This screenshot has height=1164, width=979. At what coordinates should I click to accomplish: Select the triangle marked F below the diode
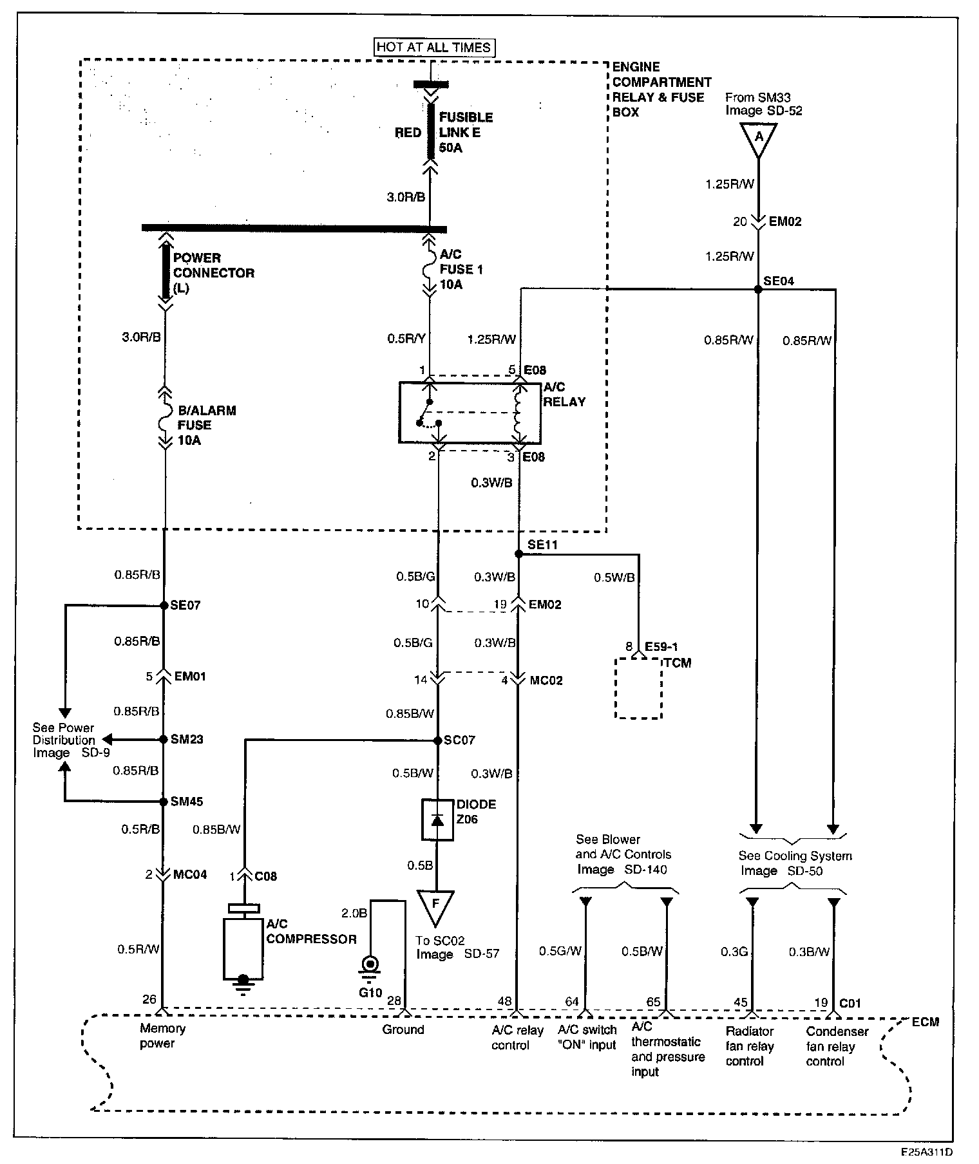[x=435, y=905]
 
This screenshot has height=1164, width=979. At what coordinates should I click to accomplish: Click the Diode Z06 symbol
[x=437, y=820]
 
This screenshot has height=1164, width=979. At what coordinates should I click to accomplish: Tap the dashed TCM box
[x=638, y=688]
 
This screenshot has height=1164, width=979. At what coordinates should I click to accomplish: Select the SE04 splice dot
[x=758, y=290]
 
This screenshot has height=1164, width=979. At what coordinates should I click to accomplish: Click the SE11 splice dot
[x=518, y=554]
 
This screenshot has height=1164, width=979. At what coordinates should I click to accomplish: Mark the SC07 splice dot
[x=438, y=740]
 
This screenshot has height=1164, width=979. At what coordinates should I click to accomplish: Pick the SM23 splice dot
[x=164, y=739]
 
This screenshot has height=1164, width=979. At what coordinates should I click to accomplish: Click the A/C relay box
[x=470, y=413]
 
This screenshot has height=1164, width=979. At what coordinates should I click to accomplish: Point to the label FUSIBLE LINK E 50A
[x=466, y=133]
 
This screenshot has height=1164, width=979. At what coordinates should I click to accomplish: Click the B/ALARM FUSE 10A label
[x=206, y=425]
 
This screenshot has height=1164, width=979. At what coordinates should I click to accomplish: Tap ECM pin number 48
[x=504, y=1001]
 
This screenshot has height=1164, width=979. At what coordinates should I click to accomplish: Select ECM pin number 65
[x=653, y=1002]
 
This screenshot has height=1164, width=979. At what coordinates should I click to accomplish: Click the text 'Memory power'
[x=162, y=1036]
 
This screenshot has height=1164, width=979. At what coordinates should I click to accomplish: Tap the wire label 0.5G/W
[x=560, y=951]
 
